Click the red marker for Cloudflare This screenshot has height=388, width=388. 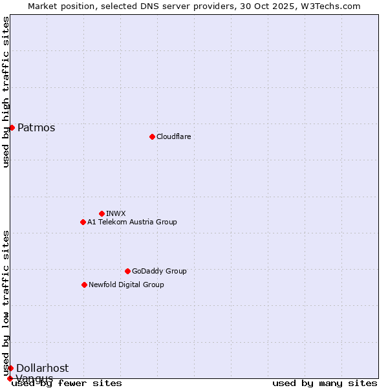pos(152,136)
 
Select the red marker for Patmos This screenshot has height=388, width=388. pos(12,127)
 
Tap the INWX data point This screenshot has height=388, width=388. pos(102,213)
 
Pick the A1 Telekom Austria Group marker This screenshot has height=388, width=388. pos(83,222)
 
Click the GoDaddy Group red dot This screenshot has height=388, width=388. pos(127,271)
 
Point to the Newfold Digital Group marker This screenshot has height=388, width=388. pos(84,285)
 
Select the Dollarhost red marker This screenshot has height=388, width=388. pos(10,368)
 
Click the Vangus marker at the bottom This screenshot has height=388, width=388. pos(10,378)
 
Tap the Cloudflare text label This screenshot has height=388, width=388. pos(173,136)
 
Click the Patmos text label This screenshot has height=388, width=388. pos(36,127)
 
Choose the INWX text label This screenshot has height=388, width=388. pos(116,213)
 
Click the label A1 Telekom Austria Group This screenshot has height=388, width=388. pos(132,222)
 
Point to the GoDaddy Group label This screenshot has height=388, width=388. pos(159,271)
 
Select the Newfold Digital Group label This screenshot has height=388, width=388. pos(126,285)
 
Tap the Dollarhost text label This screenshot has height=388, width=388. pos(42,368)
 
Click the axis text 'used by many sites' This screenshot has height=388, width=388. pos(325,383)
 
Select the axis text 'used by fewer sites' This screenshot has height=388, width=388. pos(67,383)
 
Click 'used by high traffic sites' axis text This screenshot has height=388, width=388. pos(6,92)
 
